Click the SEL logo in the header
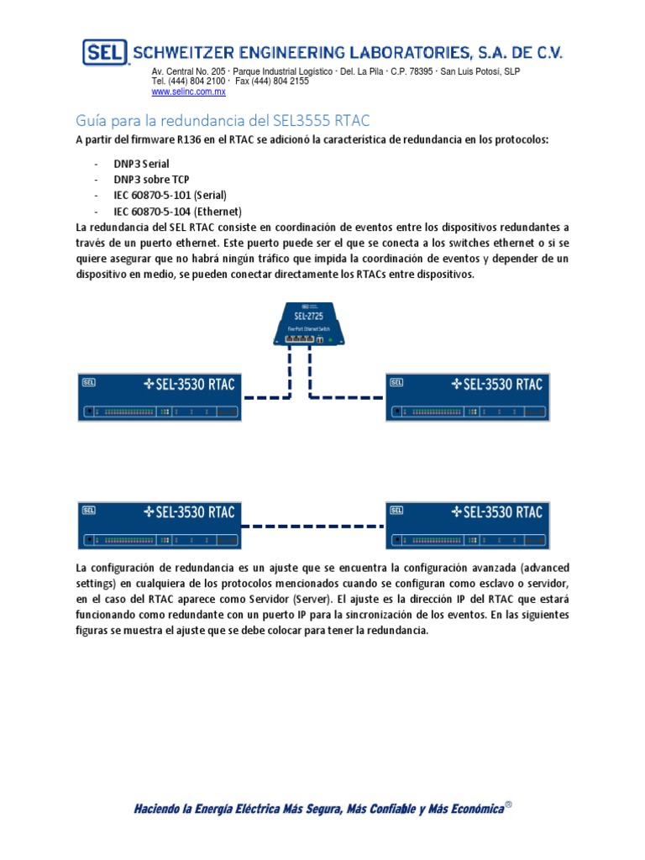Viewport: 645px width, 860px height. (104, 53)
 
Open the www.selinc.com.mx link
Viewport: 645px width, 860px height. (188, 92)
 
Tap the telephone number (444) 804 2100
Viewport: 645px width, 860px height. (197, 81)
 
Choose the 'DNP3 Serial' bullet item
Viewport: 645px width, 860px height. (141, 164)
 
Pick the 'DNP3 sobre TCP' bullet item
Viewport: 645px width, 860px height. (151, 180)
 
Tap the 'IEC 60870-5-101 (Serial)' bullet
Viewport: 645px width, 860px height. (170, 195)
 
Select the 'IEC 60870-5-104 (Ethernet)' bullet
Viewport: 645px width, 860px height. (178, 211)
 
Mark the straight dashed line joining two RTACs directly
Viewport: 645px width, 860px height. (312, 527)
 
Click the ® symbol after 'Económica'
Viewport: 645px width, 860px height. (508, 805)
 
